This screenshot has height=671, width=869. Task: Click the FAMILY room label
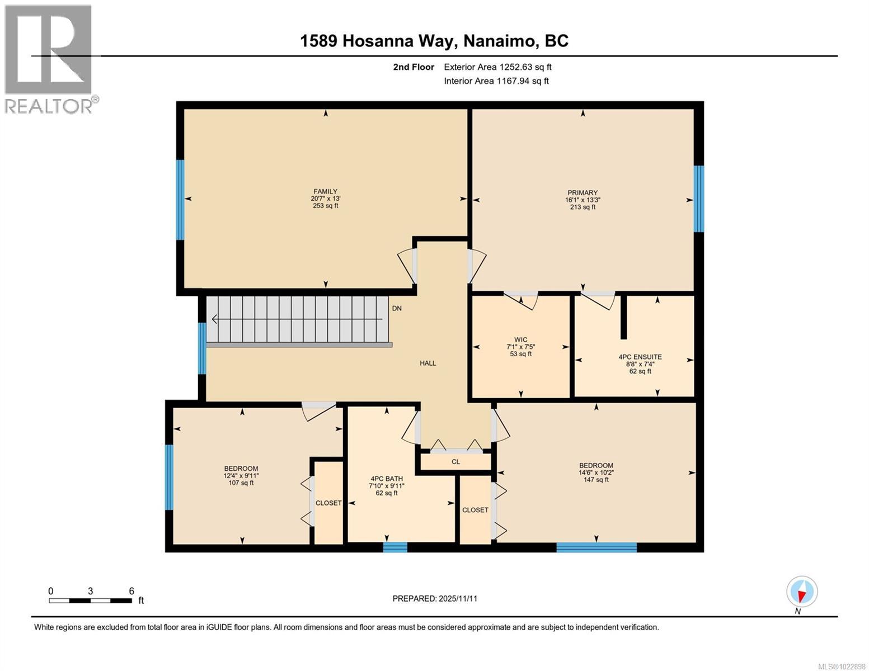(325, 192)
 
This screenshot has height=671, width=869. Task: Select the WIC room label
(520, 340)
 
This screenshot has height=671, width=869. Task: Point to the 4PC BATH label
(383, 479)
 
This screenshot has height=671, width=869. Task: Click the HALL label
(428, 363)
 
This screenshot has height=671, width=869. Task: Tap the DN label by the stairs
(396, 309)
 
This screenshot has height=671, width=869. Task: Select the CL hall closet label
(455, 462)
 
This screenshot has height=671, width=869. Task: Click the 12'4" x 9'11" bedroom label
(241, 469)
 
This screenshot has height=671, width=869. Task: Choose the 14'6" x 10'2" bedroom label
(595, 465)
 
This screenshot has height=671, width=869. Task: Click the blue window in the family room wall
(180, 200)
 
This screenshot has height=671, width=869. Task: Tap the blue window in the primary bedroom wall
(698, 199)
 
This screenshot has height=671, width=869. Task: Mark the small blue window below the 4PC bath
(395, 547)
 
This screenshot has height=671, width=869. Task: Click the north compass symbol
(802, 592)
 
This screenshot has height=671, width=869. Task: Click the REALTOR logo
(49, 59)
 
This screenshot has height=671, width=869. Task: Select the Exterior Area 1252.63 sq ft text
(497, 67)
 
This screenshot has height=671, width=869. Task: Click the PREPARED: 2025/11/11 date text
(435, 598)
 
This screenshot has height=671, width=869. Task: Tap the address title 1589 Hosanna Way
(434, 41)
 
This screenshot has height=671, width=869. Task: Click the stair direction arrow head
(215, 319)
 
